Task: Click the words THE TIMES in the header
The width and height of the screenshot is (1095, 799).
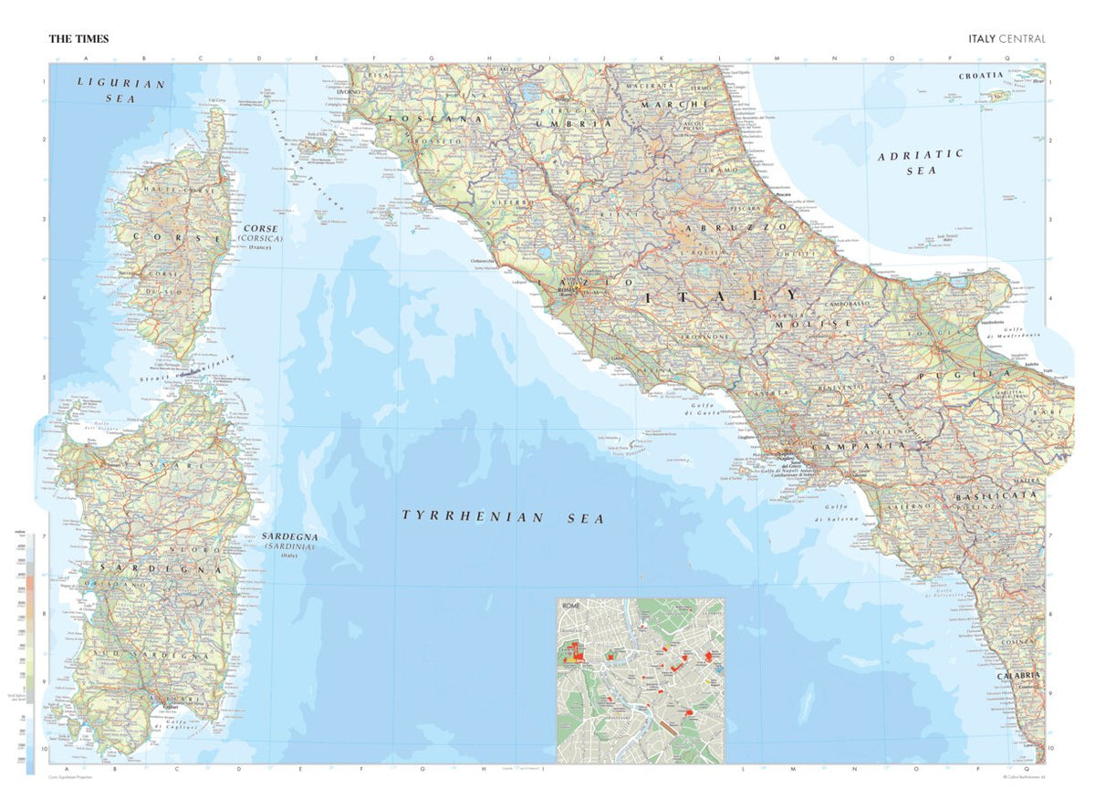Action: (78, 39)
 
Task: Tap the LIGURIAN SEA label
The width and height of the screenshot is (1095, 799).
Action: (120, 89)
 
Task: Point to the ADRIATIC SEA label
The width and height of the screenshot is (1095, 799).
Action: (920, 161)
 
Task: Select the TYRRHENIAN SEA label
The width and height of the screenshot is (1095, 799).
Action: (503, 517)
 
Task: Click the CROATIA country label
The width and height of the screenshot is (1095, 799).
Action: (981, 76)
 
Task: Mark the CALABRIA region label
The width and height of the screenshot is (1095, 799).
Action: (1017, 676)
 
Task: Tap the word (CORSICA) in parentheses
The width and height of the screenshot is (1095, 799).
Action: (261, 238)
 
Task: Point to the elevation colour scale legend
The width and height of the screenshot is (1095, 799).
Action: (30, 638)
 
